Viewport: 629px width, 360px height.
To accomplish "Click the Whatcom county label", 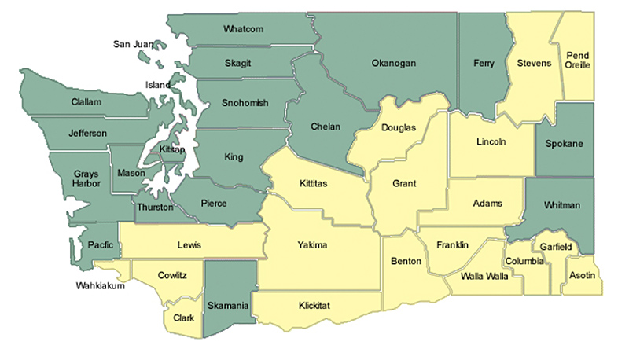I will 243,29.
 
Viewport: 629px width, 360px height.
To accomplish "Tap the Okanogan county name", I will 392,63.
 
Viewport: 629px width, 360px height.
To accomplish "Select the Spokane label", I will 564,144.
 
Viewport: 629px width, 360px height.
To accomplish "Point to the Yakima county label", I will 312,245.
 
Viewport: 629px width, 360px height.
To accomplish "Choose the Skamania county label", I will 229,305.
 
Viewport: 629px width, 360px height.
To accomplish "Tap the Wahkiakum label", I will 101,285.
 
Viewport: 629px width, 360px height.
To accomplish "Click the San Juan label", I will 133,44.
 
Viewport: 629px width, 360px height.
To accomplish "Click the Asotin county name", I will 582,276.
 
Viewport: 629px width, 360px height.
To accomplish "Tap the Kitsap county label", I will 171,149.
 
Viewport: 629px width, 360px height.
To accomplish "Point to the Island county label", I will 158,84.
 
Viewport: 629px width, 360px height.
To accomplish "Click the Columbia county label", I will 524,260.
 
